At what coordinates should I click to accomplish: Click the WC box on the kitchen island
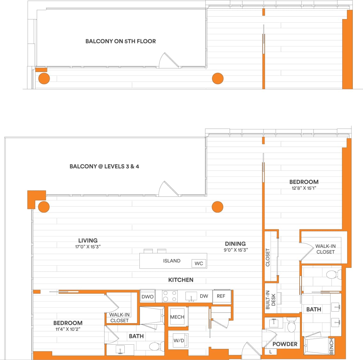click(199, 263)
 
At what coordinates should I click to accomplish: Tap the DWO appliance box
click(147, 297)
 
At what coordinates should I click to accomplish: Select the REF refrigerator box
click(221, 296)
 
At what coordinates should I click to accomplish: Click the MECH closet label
click(177, 317)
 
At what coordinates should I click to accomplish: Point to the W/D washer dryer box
click(179, 340)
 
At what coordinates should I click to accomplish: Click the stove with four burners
click(170, 296)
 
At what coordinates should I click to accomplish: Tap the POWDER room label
click(285, 344)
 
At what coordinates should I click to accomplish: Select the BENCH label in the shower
click(331, 346)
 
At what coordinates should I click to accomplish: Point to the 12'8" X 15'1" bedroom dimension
click(304, 188)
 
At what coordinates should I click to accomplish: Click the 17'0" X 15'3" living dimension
click(88, 247)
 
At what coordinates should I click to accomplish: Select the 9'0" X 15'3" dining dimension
click(235, 250)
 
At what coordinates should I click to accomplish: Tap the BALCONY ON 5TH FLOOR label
click(121, 41)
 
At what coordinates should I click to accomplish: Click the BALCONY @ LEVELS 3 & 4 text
click(104, 166)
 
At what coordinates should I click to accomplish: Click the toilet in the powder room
click(291, 326)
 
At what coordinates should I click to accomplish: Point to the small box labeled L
click(271, 352)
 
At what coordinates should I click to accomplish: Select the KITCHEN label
click(181, 280)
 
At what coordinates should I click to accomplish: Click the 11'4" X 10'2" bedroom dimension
click(68, 329)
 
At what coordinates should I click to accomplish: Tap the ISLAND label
click(172, 261)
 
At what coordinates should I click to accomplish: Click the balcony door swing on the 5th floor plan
click(168, 61)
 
